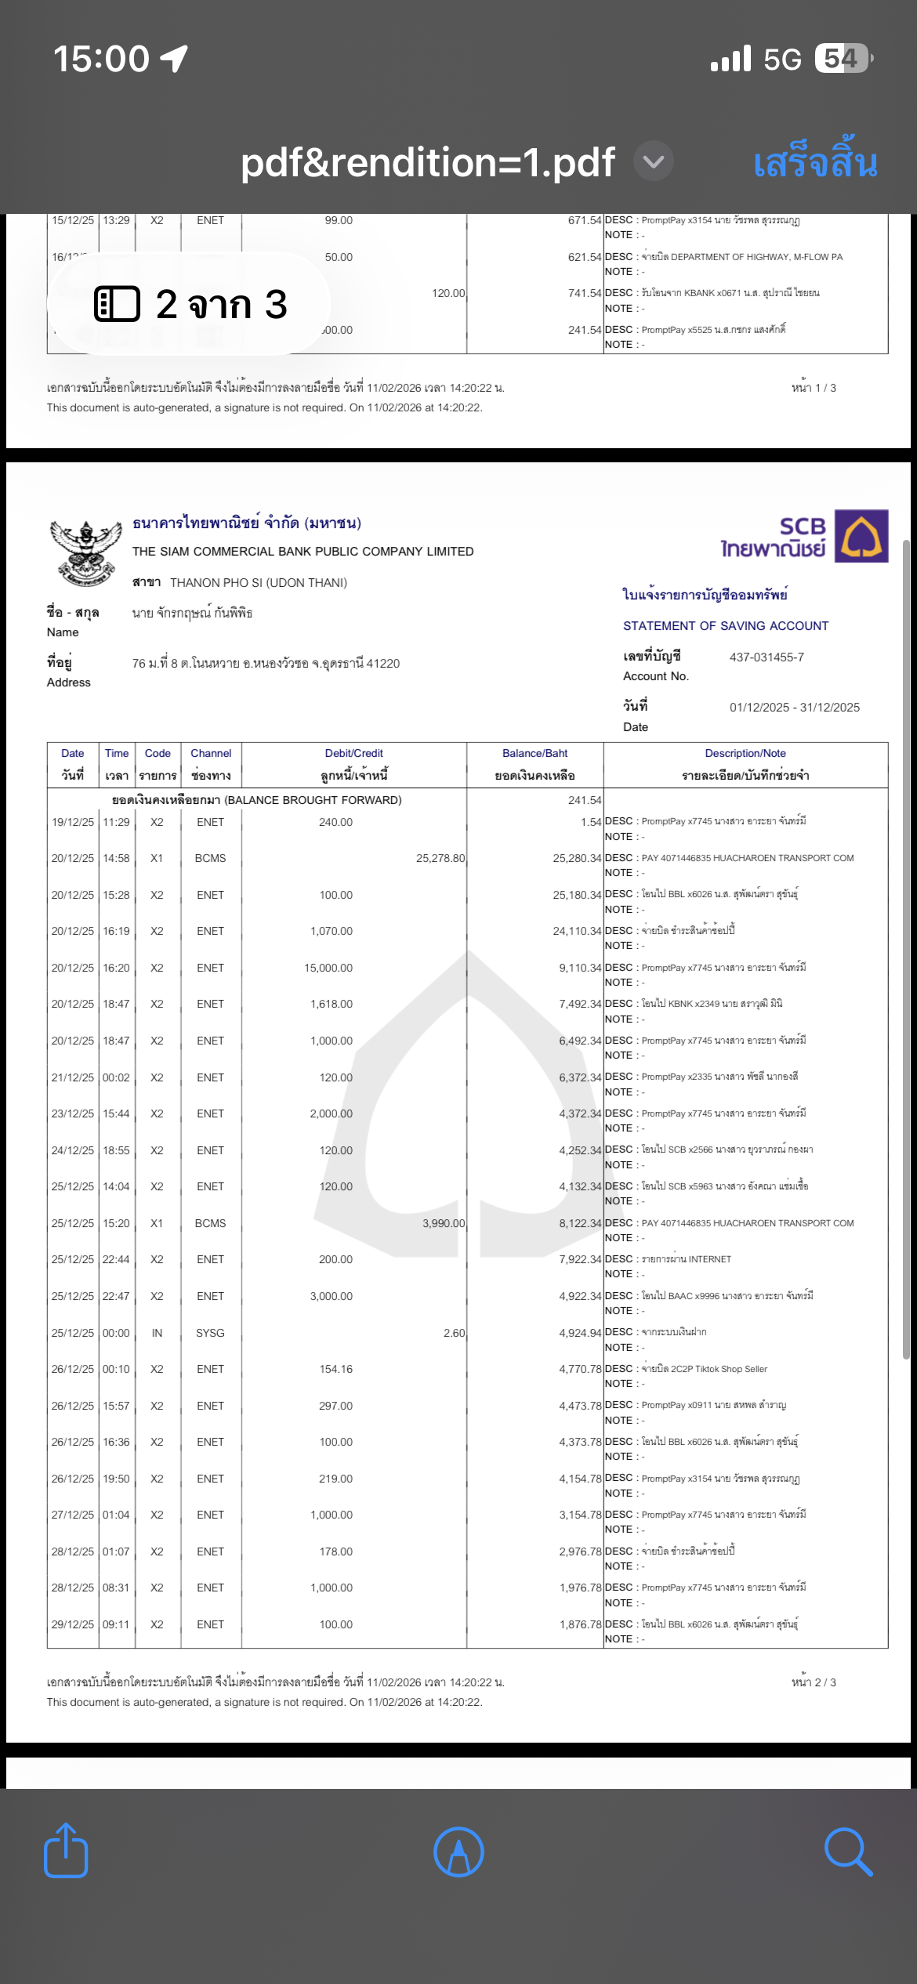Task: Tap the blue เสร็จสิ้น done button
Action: pyautogui.click(x=814, y=162)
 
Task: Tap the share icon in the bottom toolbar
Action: pyautogui.click(x=66, y=1851)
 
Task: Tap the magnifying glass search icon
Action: pyautogui.click(x=848, y=1852)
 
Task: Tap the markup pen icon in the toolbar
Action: pyautogui.click(x=458, y=1852)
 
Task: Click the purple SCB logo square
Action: pyautogui.click(x=861, y=536)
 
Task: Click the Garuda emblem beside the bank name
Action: pyautogui.click(x=85, y=552)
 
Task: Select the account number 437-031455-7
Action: pyautogui.click(x=767, y=657)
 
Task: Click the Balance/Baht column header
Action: pyautogui.click(x=535, y=753)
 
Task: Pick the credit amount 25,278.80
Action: pyautogui.click(x=440, y=858)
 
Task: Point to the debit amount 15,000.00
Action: pyautogui.click(x=328, y=968)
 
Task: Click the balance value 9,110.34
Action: pyautogui.click(x=580, y=968)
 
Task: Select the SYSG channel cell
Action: pyautogui.click(x=210, y=1333)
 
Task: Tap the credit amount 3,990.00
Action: pyautogui.click(x=444, y=1223)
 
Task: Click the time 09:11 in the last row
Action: pyautogui.click(x=116, y=1624)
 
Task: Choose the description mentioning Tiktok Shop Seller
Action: pyautogui.click(x=705, y=1369)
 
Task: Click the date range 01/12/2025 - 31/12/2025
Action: pyautogui.click(x=794, y=708)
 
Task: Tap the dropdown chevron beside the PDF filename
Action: pyautogui.click(x=654, y=162)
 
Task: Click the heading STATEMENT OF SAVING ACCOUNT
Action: pyautogui.click(x=726, y=626)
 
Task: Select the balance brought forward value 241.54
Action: pyautogui.click(x=585, y=800)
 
